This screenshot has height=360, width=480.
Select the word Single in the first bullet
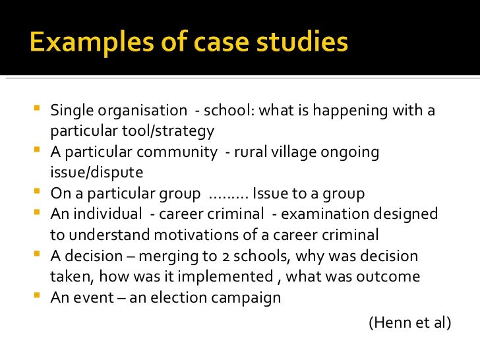pos(71,111)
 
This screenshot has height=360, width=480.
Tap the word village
pos(295,152)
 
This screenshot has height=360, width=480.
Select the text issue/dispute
pos(96,173)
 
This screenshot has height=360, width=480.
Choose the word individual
pos(111,214)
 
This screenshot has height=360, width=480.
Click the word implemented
pos(227,276)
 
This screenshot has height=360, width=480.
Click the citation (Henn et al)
pos(409,322)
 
